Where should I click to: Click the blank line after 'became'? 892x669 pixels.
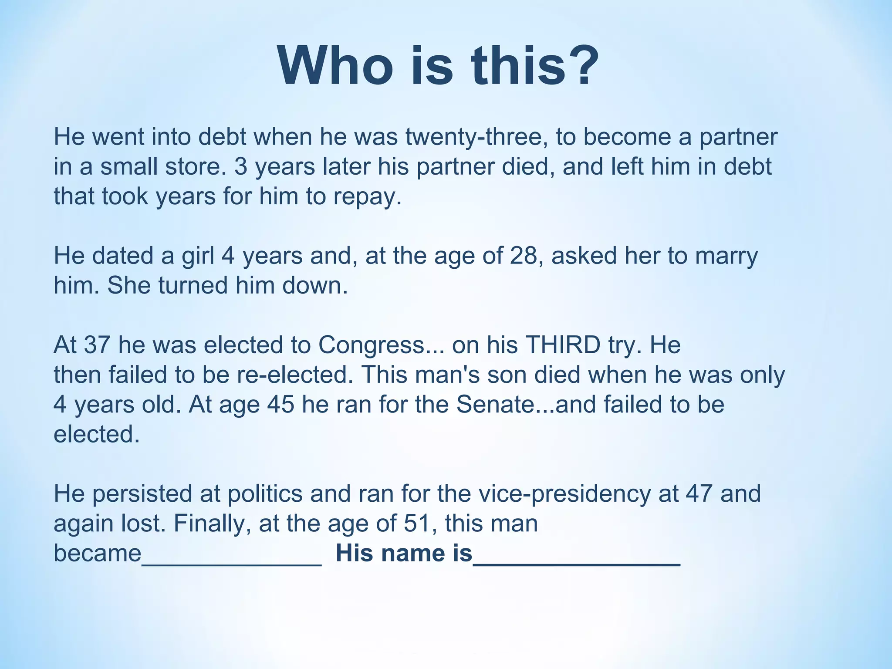click(232, 562)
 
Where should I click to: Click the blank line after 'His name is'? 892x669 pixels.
click(576, 562)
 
